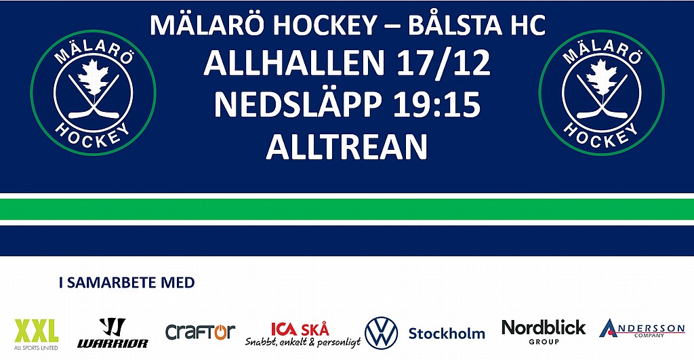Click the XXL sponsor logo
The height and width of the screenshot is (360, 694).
(37, 334)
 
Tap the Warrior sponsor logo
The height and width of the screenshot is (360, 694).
(113, 333)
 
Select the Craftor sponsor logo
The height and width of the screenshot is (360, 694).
(200, 332)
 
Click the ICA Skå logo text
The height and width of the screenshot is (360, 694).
(300, 329)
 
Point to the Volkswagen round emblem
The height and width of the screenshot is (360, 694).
(381, 333)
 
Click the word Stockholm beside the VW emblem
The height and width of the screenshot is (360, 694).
(447, 334)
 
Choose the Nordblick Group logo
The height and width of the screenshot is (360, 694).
(544, 332)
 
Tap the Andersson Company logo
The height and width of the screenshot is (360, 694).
(642, 329)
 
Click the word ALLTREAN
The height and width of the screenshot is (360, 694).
(346, 146)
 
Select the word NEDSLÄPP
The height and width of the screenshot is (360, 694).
(298, 105)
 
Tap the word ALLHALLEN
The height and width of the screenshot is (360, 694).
(294, 63)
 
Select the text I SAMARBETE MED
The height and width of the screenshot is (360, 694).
(127, 283)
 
